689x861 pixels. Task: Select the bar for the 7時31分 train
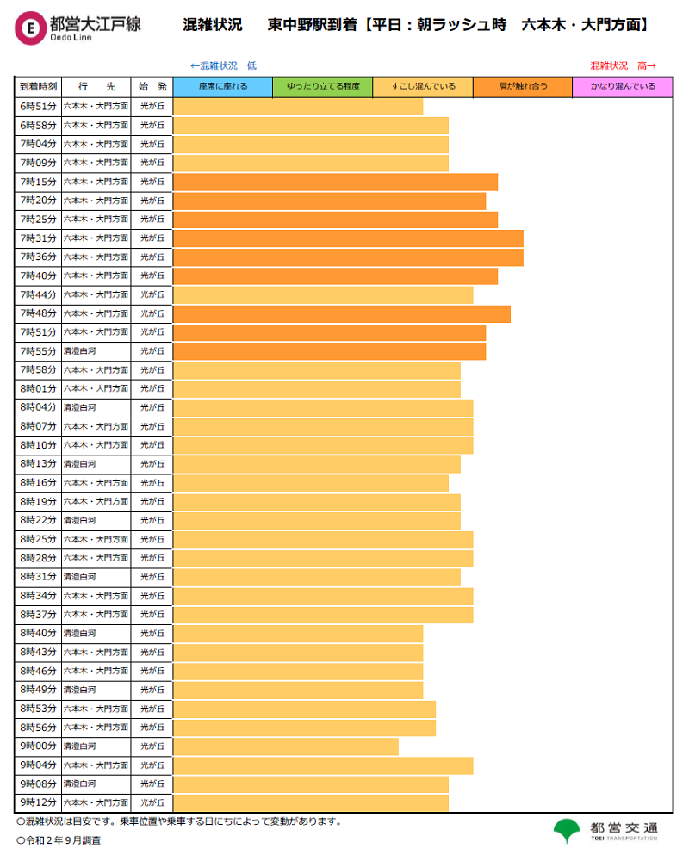coord(348,238)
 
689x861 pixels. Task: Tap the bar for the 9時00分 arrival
coord(286,746)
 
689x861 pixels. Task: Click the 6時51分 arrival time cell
coord(38,106)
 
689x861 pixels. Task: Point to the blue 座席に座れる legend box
coord(223,87)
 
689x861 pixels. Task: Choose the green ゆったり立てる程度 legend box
coord(323,87)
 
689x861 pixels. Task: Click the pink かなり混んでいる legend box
coord(623,87)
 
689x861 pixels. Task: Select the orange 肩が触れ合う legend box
coord(523,87)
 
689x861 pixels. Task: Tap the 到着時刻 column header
coord(38,87)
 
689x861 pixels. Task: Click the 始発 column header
coord(152,87)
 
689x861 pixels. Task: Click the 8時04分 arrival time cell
coord(38,407)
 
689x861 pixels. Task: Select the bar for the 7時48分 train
coord(342,313)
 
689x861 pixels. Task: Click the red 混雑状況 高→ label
coord(623,65)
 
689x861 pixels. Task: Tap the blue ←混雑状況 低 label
coord(223,65)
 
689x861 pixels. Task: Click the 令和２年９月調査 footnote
coord(59,839)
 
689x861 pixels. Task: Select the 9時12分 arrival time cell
coord(38,802)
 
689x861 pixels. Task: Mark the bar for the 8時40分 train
coord(298,634)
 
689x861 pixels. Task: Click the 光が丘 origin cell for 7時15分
coord(152,182)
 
